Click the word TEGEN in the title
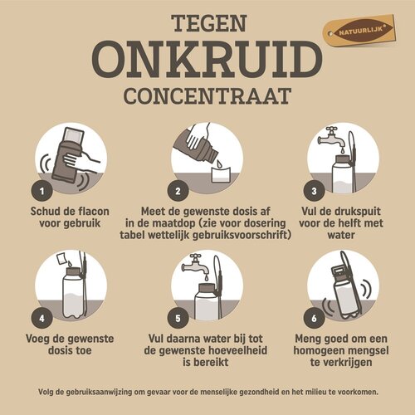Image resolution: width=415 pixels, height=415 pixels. click(207, 22)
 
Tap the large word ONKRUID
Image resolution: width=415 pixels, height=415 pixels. click(207, 60)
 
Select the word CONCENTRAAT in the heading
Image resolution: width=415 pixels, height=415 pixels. click(207, 95)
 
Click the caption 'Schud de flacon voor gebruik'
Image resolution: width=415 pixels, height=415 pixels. click(71, 217)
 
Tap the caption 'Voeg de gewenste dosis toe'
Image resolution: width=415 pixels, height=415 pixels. click(71, 346)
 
